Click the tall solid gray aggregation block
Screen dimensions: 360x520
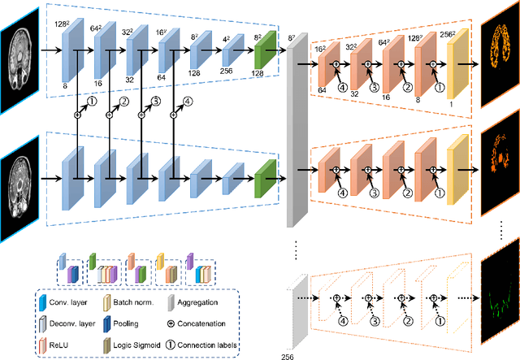pyautogui.click(x=297, y=130)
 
